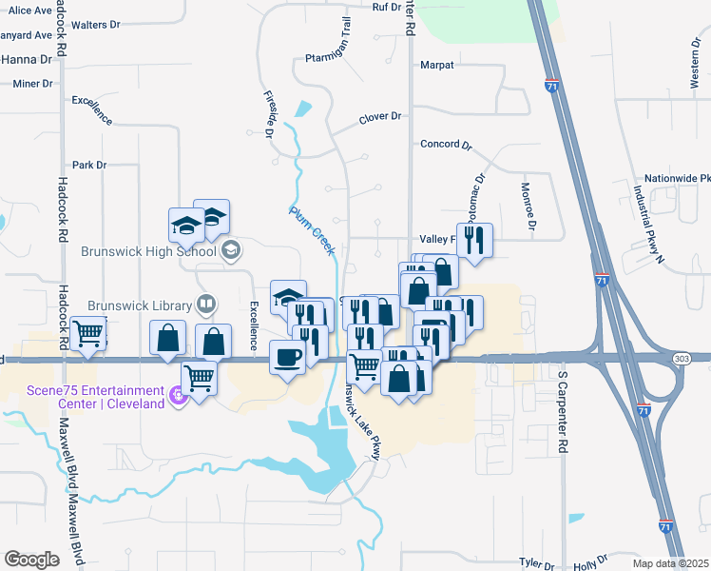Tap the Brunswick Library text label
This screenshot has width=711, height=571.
141,305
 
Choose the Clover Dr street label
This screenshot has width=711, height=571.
380,117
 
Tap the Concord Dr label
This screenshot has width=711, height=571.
446,145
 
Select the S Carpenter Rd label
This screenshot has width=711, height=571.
564,412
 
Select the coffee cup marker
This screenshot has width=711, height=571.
288,358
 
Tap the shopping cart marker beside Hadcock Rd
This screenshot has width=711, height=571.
88,334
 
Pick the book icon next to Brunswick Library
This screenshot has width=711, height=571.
205,305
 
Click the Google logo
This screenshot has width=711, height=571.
31,560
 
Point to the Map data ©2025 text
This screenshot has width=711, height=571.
670,563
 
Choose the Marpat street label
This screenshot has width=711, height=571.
437,66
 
